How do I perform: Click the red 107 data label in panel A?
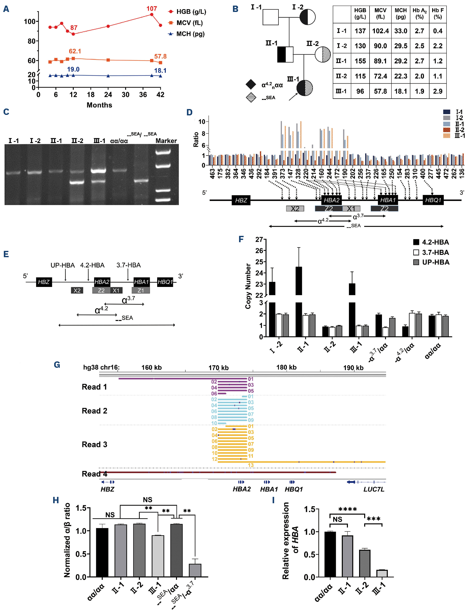pos(152,9)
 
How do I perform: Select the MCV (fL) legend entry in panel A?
pos(189,23)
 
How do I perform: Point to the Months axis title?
pos(99,105)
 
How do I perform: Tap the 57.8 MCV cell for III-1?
pos(380,91)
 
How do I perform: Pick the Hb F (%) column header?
pos(437,13)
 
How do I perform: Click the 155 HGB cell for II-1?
pos(360,61)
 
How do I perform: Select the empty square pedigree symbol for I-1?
pos(270,17)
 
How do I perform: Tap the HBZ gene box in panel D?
pos(241,200)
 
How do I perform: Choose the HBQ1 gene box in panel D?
pos(433,200)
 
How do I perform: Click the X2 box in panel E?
pos(77,290)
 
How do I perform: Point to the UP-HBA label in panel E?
pos(63,265)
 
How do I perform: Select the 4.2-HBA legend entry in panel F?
pos(435,242)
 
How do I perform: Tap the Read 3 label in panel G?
pos(95,445)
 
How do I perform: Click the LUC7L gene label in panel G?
pos(374,489)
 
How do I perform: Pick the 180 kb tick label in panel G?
pos(286,367)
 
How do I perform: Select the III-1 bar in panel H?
pos(158,556)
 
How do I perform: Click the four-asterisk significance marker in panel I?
pos(347,509)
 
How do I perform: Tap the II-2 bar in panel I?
pos(365,563)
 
